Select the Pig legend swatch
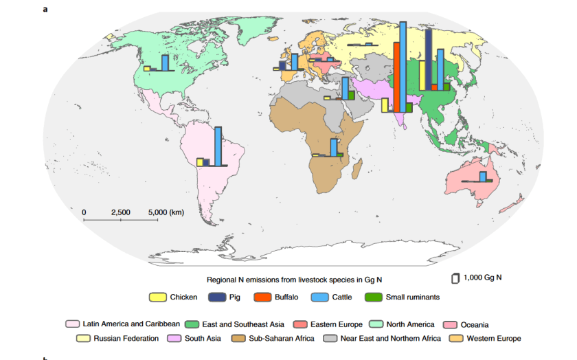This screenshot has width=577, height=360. pyautogui.click(x=216, y=297)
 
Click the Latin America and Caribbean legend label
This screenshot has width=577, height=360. pyautogui.click(x=131, y=324)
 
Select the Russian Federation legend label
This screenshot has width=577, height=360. pyautogui.click(x=126, y=338)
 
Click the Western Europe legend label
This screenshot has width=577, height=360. pyautogui.click(x=493, y=338)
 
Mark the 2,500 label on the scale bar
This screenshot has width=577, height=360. pyautogui.click(x=121, y=212)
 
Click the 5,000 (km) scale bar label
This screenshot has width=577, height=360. pyautogui.click(x=166, y=212)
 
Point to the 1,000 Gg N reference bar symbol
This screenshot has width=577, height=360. pyautogui.click(x=454, y=278)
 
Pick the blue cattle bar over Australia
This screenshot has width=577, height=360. pyautogui.click(x=483, y=177)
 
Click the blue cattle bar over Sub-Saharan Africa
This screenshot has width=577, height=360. pyautogui.click(x=334, y=148)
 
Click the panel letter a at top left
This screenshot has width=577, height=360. pyautogui.click(x=45, y=10)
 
